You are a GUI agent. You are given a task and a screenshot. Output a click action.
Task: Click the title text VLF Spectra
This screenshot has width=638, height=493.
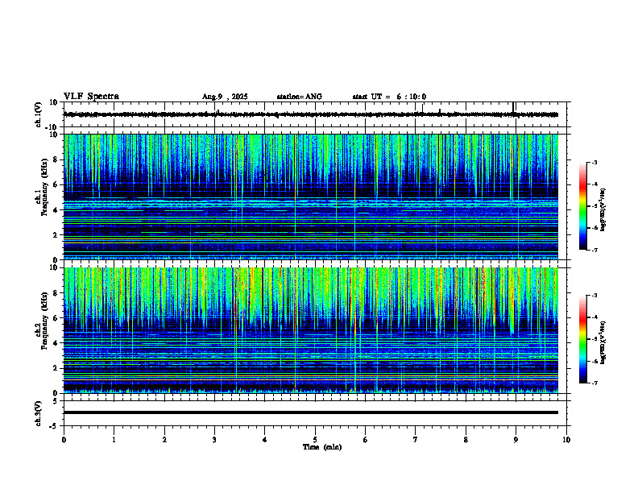tap(91, 97)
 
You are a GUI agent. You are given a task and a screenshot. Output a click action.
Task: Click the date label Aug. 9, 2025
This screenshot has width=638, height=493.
tap(225, 97)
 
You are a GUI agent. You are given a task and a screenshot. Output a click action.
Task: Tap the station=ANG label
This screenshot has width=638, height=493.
tap(299, 97)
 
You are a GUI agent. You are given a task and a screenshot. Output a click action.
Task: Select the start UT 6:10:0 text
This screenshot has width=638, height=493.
tap(389, 97)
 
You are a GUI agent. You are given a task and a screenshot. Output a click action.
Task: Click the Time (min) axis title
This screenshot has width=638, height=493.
tap(321, 447)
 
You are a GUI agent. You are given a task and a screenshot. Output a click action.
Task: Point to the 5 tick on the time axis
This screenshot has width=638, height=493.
tap(315, 440)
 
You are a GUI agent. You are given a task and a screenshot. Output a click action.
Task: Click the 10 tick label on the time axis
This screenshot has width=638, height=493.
tap(566, 440)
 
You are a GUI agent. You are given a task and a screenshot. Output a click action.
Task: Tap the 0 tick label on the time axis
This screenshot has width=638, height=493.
tap(64, 440)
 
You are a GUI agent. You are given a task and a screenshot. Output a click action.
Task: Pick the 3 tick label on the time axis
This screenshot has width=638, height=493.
tap(214, 440)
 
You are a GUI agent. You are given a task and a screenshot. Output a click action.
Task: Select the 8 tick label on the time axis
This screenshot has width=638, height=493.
tap(466, 440)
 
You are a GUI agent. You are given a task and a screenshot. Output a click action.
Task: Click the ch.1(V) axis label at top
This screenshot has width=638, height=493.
tap(39, 114)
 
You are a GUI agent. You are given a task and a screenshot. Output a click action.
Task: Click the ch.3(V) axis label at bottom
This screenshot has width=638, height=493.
tap(39, 412)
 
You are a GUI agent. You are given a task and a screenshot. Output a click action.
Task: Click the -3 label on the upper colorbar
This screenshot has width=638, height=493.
tap(594, 163)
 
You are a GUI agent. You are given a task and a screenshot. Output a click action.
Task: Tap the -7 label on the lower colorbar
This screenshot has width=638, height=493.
tap(594, 383)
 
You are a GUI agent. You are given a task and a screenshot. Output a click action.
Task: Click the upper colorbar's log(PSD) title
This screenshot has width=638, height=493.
tap(603, 209)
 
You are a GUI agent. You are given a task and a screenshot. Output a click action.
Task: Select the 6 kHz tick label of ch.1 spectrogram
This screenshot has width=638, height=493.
tap(55, 185)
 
